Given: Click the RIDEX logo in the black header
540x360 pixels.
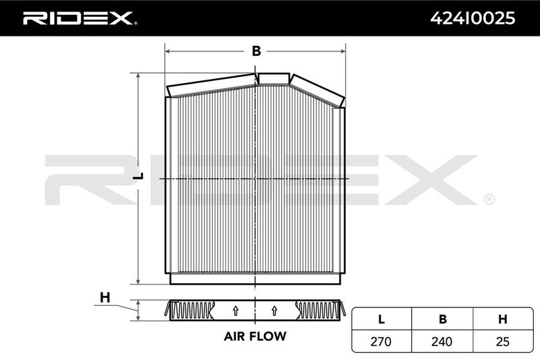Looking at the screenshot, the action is click(80, 18).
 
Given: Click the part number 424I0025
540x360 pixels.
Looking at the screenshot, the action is click(473, 18).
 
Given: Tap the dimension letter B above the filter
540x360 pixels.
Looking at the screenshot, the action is click(256, 51).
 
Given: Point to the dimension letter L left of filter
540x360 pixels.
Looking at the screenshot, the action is click(138, 176).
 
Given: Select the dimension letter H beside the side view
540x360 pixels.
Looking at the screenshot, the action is click(105, 297).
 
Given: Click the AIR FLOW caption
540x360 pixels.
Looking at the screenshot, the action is click(255, 336).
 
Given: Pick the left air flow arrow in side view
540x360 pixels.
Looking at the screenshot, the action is click(236, 311).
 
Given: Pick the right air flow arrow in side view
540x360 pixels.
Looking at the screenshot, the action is click(274, 311).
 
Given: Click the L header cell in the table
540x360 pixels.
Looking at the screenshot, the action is click(381, 319).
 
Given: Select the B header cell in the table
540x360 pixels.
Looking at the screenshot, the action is click(443, 319).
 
